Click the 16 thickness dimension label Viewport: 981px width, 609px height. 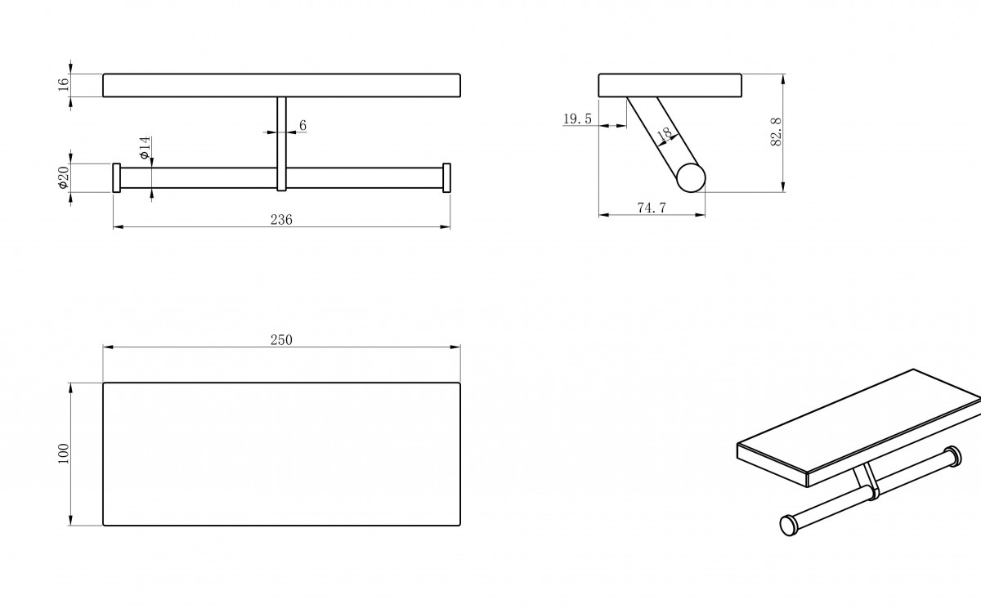pyautogui.click(x=64, y=84)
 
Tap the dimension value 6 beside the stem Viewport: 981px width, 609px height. pyautogui.click(x=302, y=125)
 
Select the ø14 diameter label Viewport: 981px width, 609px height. pyautogui.click(x=145, y=147)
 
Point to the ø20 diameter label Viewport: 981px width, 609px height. pyautogui.click(x=64, y=177)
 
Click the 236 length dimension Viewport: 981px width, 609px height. pyautogui.click(x=281, y=219)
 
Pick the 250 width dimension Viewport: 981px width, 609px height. pyautogui.click(x=281, y=340)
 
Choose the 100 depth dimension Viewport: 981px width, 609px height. pyautogui.click(x=64, y=454)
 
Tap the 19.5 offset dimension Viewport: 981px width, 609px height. pyautogui.click(x=577, y=119)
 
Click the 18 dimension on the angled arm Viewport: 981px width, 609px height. pyautogui.click(x=665, y=133)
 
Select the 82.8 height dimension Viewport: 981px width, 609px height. pyautogui.click(x=776, y=132)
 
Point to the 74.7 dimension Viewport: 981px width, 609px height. pyautogui.click(x=652, y=208)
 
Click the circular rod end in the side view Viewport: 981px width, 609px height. pyautogui.click(x=691, y=177)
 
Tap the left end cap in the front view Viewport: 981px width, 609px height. pyautogui.click(x=116, y=177)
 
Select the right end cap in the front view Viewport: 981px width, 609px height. pyautogui.click(x=446, y=177)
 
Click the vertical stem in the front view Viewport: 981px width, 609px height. pyautogui.click(x=281, y=144)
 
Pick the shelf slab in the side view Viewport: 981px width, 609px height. pyautogui.click(x=670, y=85)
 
